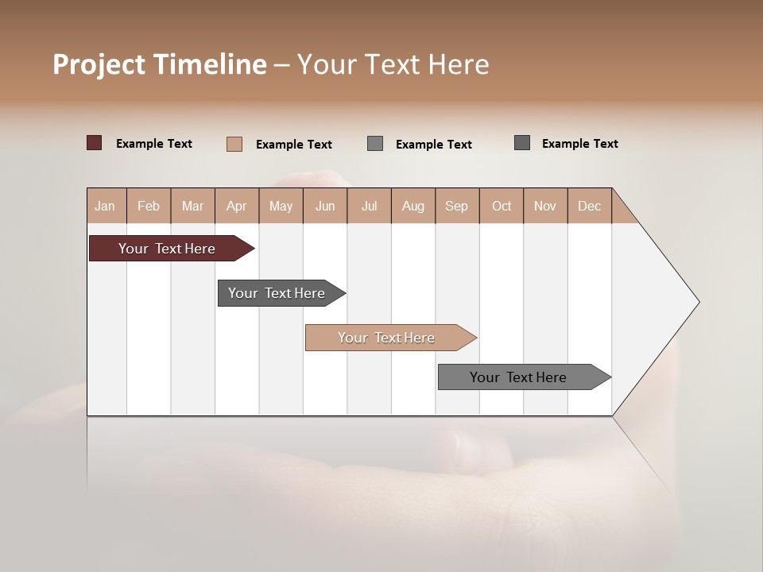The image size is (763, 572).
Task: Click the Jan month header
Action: (x=106, y=206)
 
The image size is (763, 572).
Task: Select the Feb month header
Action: (x=149, y=206)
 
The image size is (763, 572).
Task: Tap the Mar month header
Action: (x=192, y=206)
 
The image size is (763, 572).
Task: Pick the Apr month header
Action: (x=237, y=206)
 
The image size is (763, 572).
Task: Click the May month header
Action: (x=281, y=206)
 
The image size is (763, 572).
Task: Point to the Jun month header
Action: (x=325, y=206)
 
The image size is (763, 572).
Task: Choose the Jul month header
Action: (x=369, y=206)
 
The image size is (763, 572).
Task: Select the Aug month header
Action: (x=413, y=206)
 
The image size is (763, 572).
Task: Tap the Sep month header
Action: (x=457, y=206)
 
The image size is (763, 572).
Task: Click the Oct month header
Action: (x=502, y=206)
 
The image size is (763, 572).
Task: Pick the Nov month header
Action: (x=545, y=206)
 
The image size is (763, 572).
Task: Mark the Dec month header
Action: (x=590, y=206)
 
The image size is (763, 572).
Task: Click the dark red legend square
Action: (x=95, y=143)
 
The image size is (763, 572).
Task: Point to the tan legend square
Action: (x=234, y=144)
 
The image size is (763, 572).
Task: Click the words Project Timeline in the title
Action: (x=160, y=64)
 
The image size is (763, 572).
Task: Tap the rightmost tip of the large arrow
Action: (x=698, y=302)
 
